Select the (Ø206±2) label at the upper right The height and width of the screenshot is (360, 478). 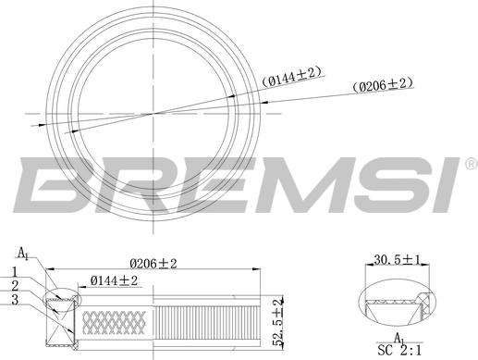pos(383,85)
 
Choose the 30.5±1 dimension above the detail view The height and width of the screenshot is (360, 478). pos(398,262)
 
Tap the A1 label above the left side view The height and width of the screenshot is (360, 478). pos(24,253)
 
